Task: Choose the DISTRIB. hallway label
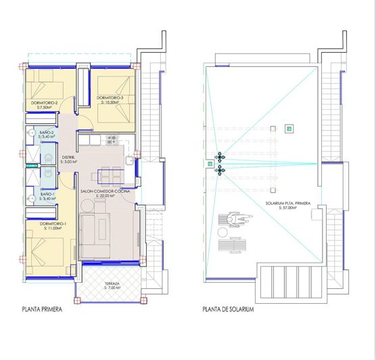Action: (68, 158)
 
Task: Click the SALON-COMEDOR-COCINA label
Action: (105, 192)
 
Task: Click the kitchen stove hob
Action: (112, 141)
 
